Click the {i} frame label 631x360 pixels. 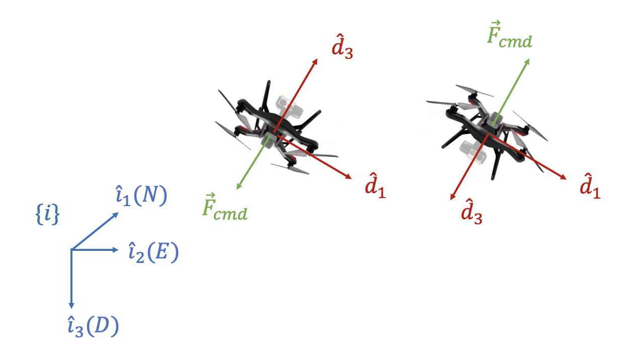click(48, 215)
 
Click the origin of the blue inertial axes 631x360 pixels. click(71, 249)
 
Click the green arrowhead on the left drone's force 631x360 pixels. click(238, 188)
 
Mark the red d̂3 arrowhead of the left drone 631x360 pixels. click(316, 60)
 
